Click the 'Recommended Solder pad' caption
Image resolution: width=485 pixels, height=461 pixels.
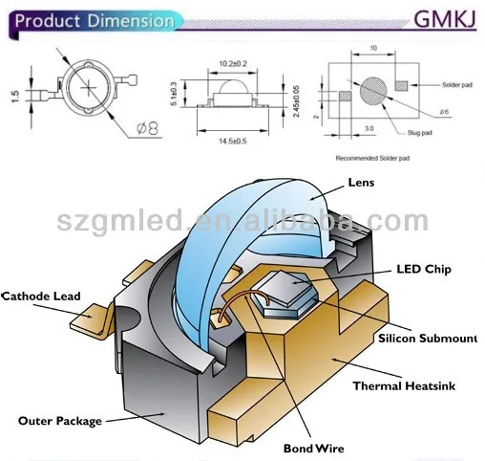click(x=372, y=155)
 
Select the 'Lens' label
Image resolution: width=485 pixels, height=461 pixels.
click(x=362, y=182)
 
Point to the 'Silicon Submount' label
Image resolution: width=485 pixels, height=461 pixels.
click(x=428, y=340)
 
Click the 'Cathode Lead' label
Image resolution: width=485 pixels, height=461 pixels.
click(x=41, y=296)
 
